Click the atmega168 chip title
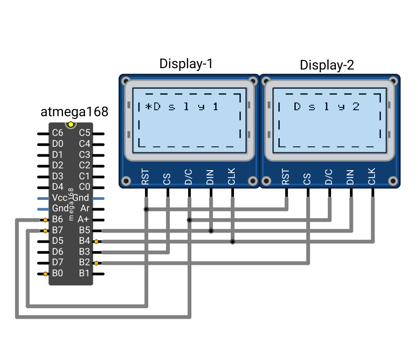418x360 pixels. point(74,112)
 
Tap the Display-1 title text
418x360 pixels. point(186,64)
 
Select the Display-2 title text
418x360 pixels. point(327,65)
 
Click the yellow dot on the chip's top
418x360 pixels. point(71,124)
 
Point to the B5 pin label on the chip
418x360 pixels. point(85,230)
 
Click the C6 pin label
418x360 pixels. point(58,133)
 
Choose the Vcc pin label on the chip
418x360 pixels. point(60,198)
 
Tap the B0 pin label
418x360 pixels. point(58,273)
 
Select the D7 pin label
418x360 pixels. point(58,262)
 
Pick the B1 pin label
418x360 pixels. point(84,273)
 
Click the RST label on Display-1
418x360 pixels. point(145,177)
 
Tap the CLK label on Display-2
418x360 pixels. point(372,176)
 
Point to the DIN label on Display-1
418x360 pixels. point(210,177)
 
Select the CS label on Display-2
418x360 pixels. point(307,179)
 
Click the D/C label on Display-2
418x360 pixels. point(329,177)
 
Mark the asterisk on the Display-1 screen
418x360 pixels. point(148,107)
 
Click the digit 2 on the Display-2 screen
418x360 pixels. point(356,107)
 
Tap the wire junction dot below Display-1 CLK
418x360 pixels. point(233,242)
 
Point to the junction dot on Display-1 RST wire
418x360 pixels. point(146,210)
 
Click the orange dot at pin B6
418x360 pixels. point(45,220)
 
